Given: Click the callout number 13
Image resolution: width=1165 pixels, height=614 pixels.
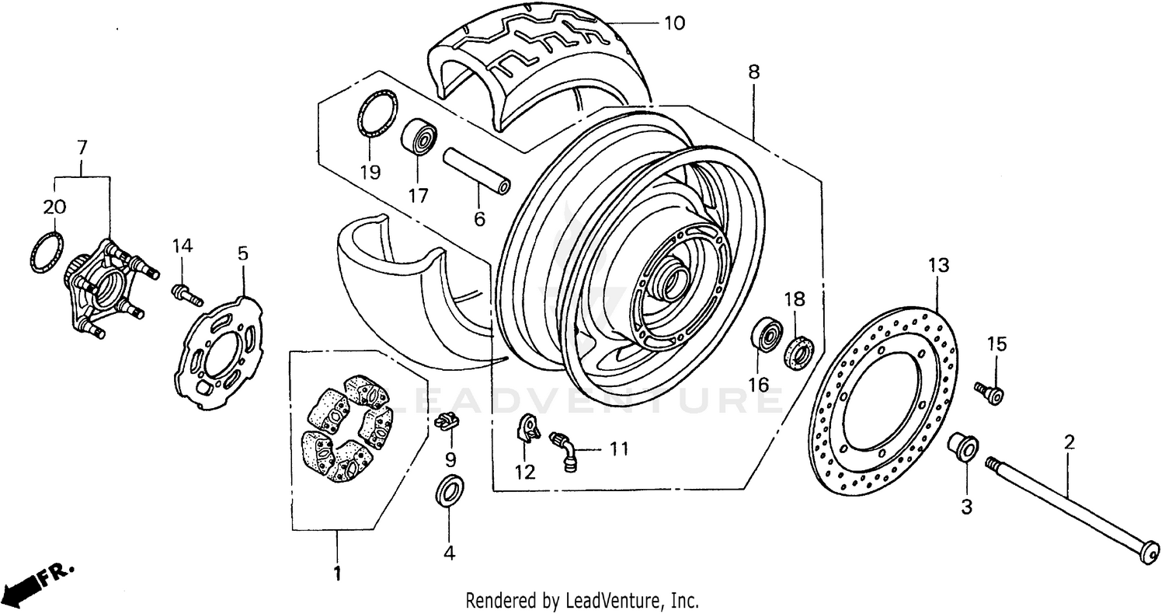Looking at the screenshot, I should tap(938, 266).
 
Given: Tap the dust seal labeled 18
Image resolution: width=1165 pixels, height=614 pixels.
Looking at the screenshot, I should tap(799, 352).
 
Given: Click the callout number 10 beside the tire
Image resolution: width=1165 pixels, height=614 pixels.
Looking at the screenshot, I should tap(674, 23).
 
